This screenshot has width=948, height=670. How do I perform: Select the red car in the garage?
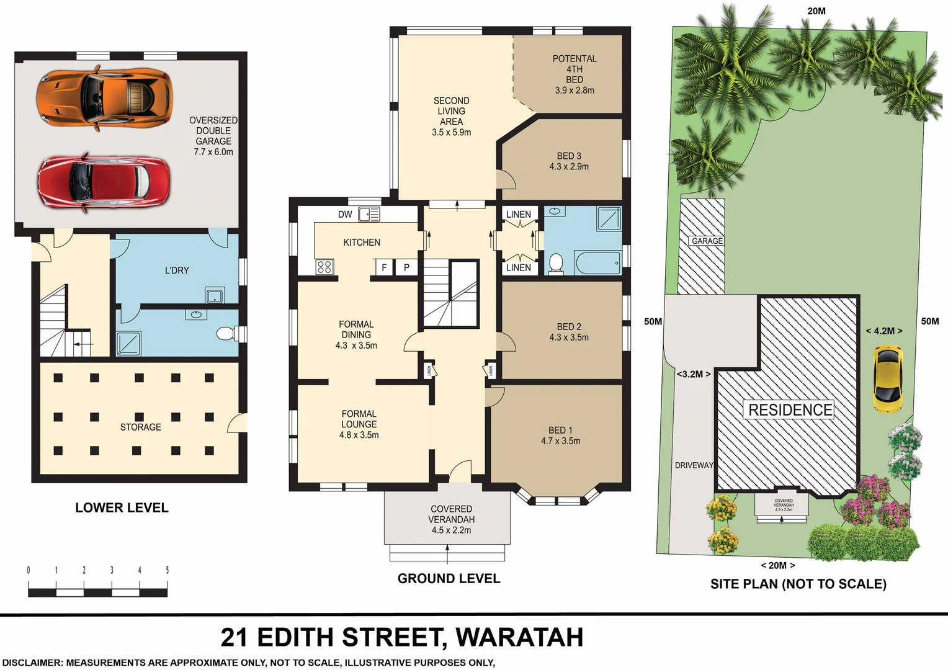[104, 181]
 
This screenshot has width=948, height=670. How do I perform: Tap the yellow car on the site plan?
[887, 378]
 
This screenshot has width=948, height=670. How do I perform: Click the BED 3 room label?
[568, 161]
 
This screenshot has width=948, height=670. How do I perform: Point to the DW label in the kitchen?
[345, 215]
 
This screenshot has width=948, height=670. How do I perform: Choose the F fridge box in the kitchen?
[384, 267]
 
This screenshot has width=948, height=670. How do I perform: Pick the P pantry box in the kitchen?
[406, 267]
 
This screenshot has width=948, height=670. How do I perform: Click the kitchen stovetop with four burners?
[324, 267]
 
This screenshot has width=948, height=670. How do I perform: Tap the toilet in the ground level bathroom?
[556, 263]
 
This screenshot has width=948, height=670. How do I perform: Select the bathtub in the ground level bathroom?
[597, 263]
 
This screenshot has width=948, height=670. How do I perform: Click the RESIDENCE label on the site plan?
[790, 410]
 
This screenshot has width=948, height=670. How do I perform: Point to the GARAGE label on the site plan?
[707, 241]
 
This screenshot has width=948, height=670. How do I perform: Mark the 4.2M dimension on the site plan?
[883, 331]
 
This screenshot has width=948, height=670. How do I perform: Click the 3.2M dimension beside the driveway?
[693, 374]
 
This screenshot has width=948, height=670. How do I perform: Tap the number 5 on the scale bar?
[167, 570]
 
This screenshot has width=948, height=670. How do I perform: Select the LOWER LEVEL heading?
[122, 507]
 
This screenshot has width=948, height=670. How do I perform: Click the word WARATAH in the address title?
[519, 637]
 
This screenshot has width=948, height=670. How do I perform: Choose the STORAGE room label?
[140, 427]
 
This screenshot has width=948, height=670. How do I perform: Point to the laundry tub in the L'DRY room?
[215, 295]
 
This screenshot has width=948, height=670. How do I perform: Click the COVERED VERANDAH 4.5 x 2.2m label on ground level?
[451, 519]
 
